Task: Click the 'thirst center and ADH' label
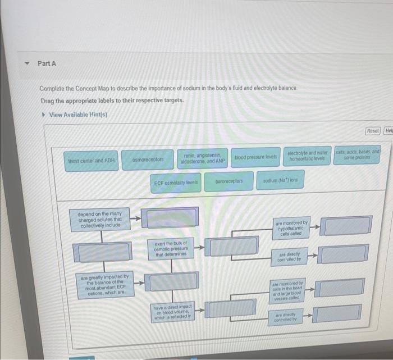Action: point(91,160)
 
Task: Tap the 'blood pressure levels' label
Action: point(255,158)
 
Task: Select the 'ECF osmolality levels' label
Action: point(176,183)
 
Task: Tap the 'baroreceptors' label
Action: point(229,182)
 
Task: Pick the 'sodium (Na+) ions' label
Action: point(280,181)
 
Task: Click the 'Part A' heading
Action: point(47,63)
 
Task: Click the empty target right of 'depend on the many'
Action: point(169,217)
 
